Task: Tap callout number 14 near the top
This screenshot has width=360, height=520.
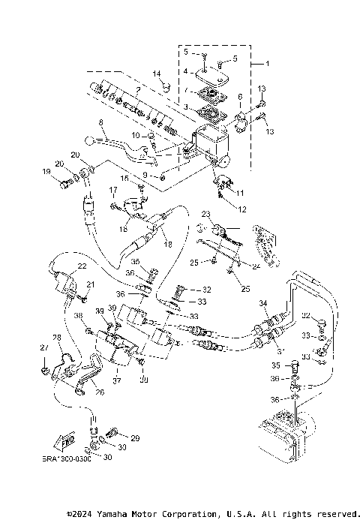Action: pos(157,73)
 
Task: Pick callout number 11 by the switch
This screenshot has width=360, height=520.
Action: pos(240,193)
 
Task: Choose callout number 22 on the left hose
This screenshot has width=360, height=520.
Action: pos(82,266)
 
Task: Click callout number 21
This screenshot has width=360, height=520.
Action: pos(91,284)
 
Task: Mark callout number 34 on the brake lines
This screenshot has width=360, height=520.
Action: pos(262,303)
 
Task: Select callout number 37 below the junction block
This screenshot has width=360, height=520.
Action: pos(116,380)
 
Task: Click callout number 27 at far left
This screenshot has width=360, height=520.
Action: pos(43,347)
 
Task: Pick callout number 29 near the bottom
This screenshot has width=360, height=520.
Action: pos(135,437)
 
